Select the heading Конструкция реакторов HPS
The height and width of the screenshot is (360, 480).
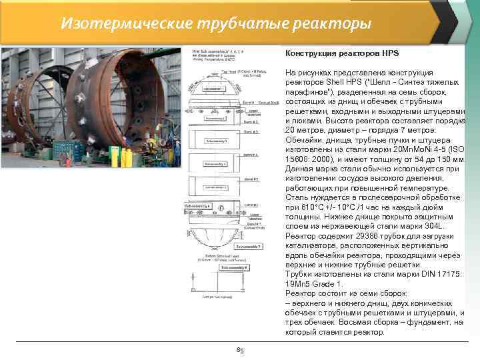pos(341,53)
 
